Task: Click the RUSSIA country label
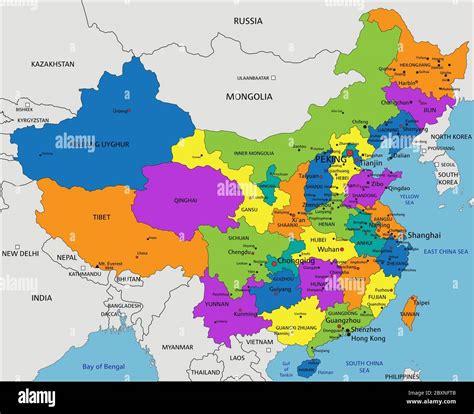pyautogui.click(x=248, y=20)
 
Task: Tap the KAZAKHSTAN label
pyautogui.click(x=52, y=64)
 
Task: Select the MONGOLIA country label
pyautogui.click(x=248, y=97)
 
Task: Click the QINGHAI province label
pyautogui.click(x=185, y=199)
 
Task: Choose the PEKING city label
pyautogui.click(x=331, y=159)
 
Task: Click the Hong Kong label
pyautogui.click(x=368, y=339)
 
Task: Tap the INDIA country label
pyautogui.click(x=41, y=297)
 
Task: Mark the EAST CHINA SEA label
pyautogui.click(x=445, y=252)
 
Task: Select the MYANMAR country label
pyautogui.click(x=178, y=347)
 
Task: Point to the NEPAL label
pyautogui.click(x=66, y=257)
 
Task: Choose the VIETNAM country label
pyautogui.click(x=259, y=341)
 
